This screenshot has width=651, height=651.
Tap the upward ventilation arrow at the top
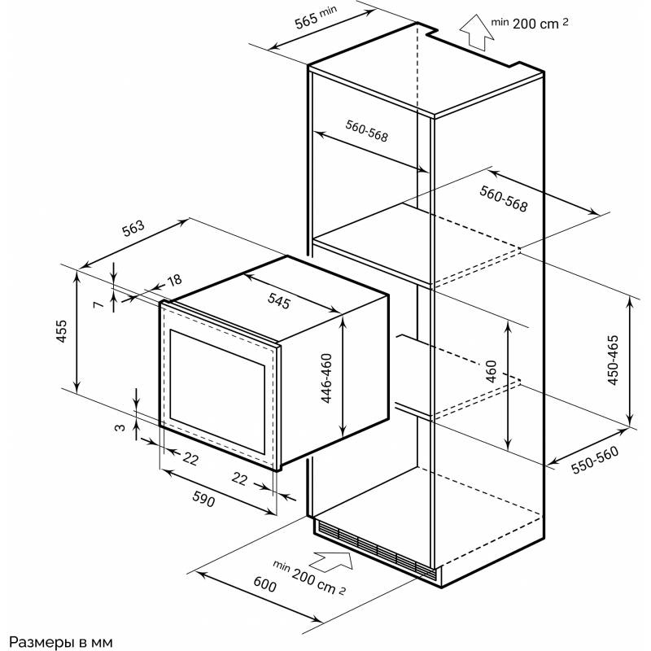472,33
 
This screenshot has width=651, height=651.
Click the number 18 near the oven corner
173,281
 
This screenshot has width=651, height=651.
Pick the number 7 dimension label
98,304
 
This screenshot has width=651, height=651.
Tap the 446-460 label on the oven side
325,380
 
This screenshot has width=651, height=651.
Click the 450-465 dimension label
614,359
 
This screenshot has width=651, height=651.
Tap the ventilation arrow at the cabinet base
333,560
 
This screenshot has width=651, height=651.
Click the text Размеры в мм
57,641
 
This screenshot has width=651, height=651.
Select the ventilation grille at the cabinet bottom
374,549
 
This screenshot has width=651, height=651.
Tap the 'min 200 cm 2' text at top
529,24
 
